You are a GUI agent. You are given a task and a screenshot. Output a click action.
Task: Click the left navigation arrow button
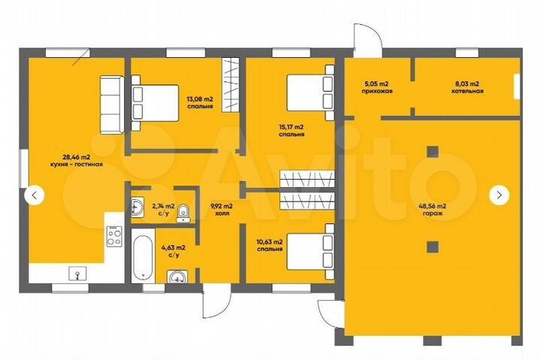pyautogui.click(x=34, y=195)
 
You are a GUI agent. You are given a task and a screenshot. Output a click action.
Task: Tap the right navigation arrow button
pyautogui.click(x=499, y=195)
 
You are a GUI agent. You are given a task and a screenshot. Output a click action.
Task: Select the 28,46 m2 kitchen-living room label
pyautogui.click(x=76, y=161)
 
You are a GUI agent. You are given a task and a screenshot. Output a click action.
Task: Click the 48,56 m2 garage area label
pyautogui.click(x=432, y=210)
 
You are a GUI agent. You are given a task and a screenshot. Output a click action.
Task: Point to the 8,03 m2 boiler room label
pyautogui.click(x=467, y=87)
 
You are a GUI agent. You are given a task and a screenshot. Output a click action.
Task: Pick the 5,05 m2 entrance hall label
pyautogui.click(x=377, y=87)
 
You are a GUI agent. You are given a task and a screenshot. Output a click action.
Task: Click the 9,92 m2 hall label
pyautogui.click(x=222, y=210)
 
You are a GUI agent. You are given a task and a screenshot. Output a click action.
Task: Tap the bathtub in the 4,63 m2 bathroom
pyautogui.click(x=143, y=256)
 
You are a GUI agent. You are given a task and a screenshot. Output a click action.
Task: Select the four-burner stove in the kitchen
pyautogui.click(x=114, y=236)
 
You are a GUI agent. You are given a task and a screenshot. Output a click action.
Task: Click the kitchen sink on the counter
pyautogui.click(x=77, y=274)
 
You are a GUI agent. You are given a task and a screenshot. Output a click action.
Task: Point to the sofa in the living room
pyautogui.click(x=112, y=105)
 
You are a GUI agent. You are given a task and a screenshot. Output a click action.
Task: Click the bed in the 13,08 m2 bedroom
pyautogui.click(x=155, y=103)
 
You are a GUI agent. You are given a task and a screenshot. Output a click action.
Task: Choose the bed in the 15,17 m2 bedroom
pyautogui.click(x=310, y=93)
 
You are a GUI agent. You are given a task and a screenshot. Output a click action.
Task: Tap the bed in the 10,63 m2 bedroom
pyautogui.click(x=310, y=251)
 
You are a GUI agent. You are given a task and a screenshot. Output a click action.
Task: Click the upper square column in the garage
pyautogui.click(x=433, y=152)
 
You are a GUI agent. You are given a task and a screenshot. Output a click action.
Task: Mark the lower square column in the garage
pyautogui.click(x=433, y=247)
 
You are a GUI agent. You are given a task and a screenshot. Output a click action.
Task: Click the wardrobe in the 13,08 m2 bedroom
pyautogui.click(x=231, y=85)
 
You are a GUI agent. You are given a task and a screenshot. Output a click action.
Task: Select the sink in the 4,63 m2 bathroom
pyautogui.click(x=178, y=277)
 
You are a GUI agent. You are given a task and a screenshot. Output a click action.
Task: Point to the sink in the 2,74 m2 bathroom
pyautogui.click(x=138, y=207)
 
